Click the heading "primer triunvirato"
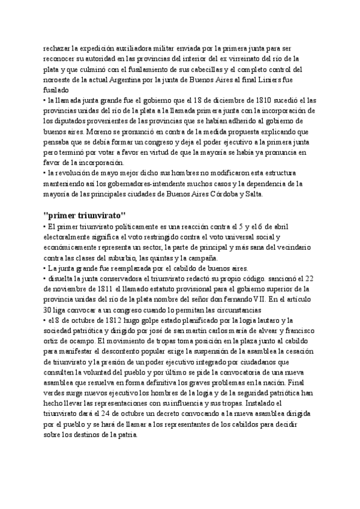[85, 216]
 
